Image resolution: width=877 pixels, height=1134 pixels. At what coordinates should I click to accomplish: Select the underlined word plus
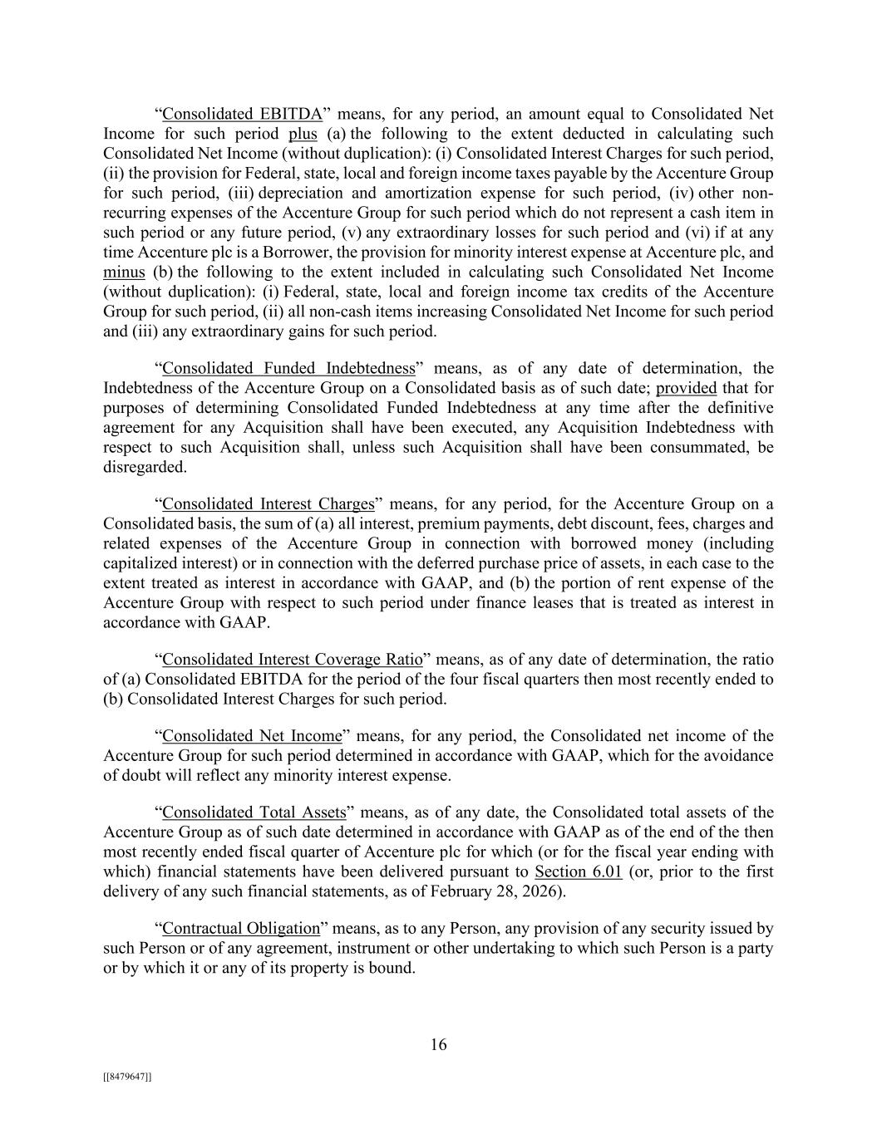(303, 134)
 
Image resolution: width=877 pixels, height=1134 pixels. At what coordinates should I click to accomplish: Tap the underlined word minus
(124, 272)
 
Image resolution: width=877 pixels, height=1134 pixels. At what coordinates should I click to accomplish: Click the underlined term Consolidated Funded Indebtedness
(288, 368)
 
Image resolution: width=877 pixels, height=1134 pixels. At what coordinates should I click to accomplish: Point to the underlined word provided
(686, 388)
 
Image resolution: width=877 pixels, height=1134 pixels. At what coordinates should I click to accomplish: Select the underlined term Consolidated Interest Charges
(268, 504)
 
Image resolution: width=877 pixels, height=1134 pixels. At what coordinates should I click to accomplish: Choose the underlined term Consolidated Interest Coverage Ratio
(292, 660)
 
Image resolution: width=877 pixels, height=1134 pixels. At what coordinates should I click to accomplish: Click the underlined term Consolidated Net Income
(252, 736)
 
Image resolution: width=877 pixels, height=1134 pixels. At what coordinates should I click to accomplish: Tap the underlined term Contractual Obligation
(240, 929)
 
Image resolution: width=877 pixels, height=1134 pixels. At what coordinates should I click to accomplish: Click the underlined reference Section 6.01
(578, 872)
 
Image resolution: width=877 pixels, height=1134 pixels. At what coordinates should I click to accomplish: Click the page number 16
(438, 1045)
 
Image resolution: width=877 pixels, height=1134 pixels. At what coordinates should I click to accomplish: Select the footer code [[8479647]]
(126, 1077)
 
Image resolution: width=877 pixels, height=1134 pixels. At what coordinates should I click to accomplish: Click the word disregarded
(142, 468)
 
